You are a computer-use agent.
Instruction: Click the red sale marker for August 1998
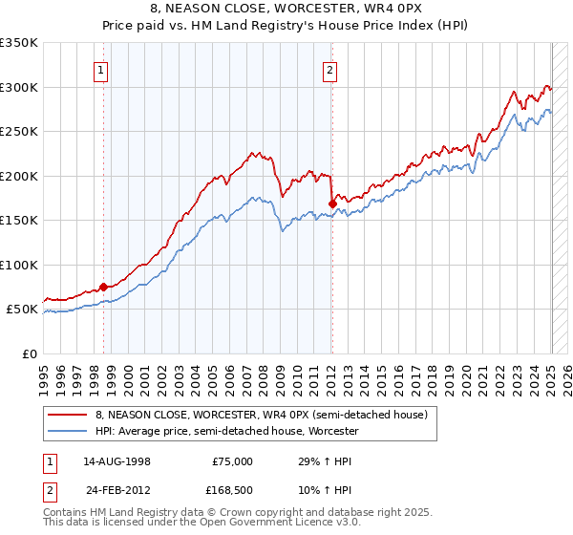(103, 286)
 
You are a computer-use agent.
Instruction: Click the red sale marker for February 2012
(331, 203)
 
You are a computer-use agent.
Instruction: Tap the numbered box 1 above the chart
(100, 69)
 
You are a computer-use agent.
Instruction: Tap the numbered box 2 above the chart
(329, 69)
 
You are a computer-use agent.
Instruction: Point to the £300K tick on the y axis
(20, 87)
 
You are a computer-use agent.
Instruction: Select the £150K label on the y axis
(20, 221)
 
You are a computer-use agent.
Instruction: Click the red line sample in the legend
(68, 415)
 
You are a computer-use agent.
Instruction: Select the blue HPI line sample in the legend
(68, 432)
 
